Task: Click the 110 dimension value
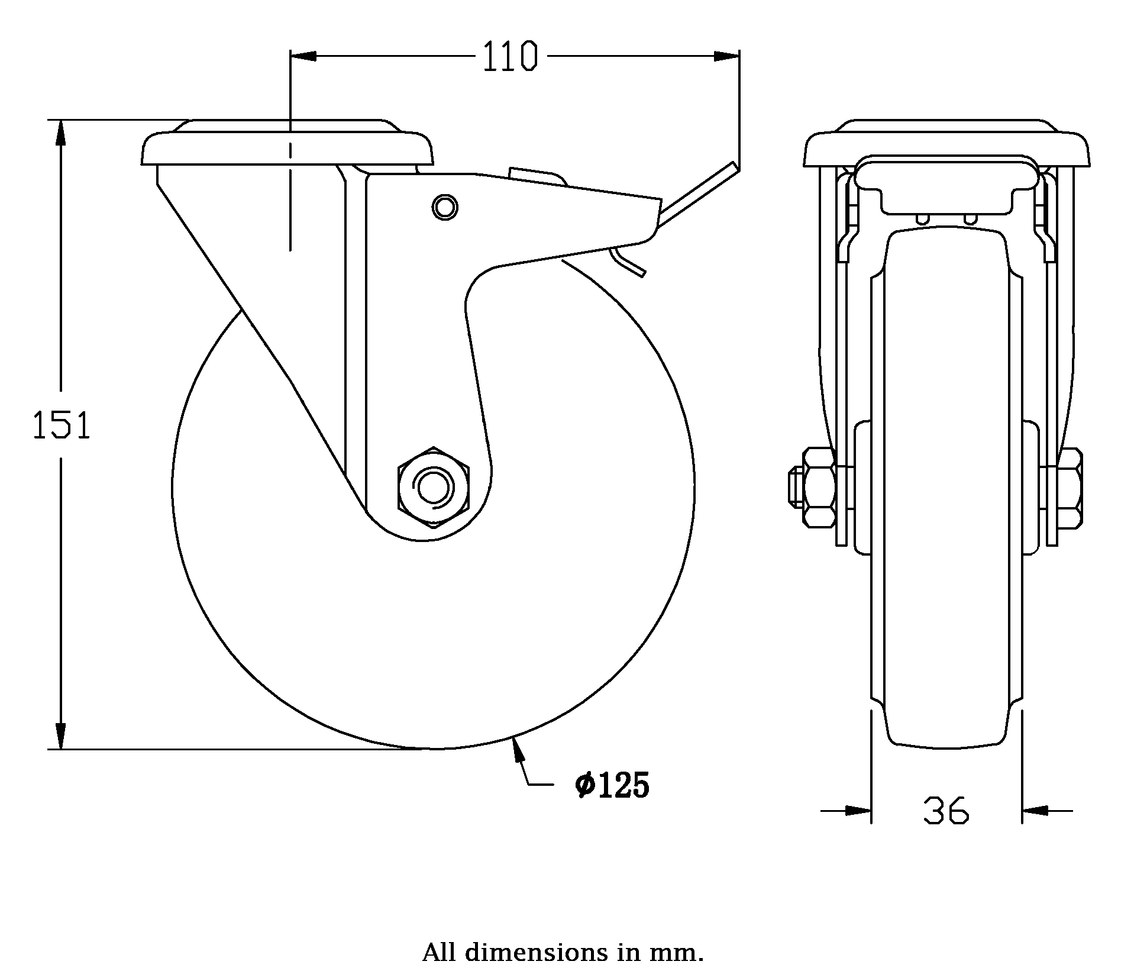point(510,57)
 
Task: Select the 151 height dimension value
point(62,427)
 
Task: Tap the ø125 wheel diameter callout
point(612,786)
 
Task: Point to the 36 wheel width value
point(946,811)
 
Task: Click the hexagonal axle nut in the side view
point(434,486)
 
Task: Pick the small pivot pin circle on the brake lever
point(445,207)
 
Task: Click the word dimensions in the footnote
point(536,953)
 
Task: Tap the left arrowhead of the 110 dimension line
point(303,56)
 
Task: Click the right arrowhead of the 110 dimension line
point(726,56)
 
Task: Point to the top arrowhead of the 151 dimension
point(60,133)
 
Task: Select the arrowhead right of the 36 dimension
point(1035,811)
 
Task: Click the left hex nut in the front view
point(819,487)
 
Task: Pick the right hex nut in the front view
point(1071,487)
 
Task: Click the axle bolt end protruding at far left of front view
point(794,487)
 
